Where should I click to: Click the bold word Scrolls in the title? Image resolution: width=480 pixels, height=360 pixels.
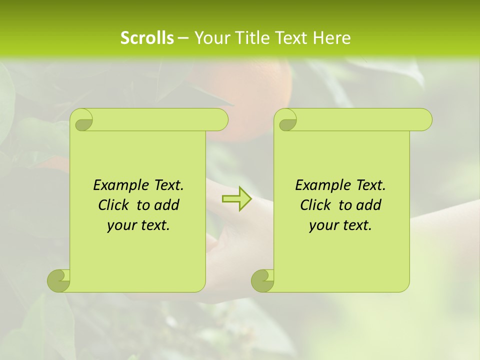[x=147, y=38]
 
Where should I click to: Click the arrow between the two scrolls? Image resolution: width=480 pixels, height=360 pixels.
[x=236, y=199]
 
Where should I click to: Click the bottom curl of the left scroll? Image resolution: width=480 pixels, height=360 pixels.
[x=59, y=280]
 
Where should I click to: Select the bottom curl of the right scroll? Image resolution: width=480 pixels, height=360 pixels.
[x=263, y=280]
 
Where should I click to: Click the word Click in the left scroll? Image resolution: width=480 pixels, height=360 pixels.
[x=113, y=205]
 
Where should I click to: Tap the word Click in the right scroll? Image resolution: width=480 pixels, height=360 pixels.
[x=315, y=205]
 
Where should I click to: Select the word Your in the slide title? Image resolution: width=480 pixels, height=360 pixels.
[x=209, y=38]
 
